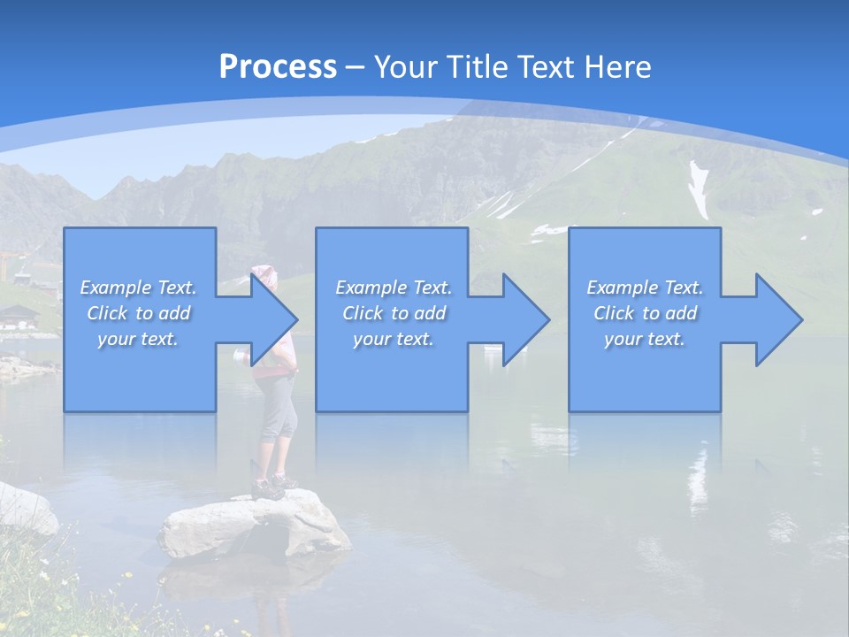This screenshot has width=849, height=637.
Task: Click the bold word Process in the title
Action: click(278, 67)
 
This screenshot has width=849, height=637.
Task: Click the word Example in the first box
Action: click(116, 288)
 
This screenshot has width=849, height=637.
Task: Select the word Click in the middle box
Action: click(363, 313)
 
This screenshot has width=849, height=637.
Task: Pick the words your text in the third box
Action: click(644, 339)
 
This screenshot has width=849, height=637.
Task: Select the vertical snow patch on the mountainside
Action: click(700, 188)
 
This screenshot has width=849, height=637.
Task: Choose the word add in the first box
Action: click(174, 313)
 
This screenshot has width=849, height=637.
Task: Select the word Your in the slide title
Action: click(402, 67)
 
